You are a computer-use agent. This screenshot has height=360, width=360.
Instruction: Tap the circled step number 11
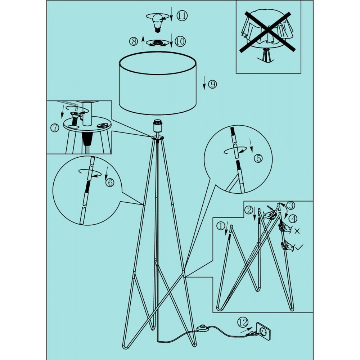tap(182, 15)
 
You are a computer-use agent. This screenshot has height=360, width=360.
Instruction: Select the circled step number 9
tap(212, 85)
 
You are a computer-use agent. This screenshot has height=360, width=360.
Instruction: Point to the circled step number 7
tap(55, 128)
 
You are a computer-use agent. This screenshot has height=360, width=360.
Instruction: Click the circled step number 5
tap(258, 158)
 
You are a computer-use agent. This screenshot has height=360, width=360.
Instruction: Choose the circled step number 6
tap(110, 182)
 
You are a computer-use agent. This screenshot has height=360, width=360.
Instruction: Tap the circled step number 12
tap(243, 323)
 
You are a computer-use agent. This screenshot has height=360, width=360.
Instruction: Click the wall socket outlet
tap(263, 331)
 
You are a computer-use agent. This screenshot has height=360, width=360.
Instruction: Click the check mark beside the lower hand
tap(299, 247)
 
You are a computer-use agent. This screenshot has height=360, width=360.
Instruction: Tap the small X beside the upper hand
tap(297, 231)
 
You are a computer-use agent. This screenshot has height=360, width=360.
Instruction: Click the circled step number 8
tap(134, 41)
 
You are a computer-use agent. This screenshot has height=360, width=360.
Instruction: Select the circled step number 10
tap(180, 41)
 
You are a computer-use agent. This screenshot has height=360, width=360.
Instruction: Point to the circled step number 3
tap(291, 205)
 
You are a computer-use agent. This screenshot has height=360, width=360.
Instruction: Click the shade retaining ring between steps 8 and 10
tap(157, 43)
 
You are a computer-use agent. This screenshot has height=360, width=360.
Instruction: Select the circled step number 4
tap(293, 219)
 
